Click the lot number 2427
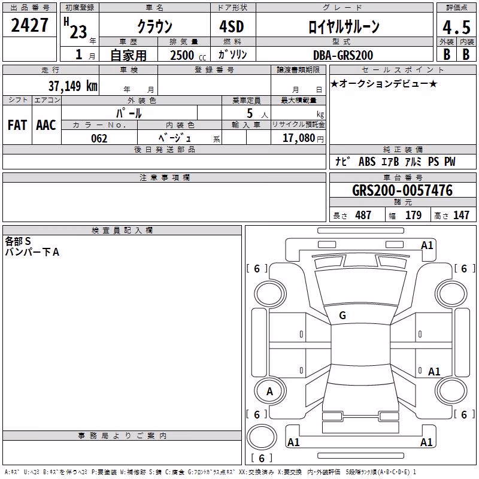click(29, 25)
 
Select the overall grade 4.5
click(456, 27)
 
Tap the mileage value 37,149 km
click(73, 86)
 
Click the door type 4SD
click(232, 26)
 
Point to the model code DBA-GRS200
click(343, 55)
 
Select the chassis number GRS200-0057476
click(402, 190)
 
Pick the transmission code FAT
click(17, 125)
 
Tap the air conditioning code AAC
click(46, 125)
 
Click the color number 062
click(99, 138)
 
